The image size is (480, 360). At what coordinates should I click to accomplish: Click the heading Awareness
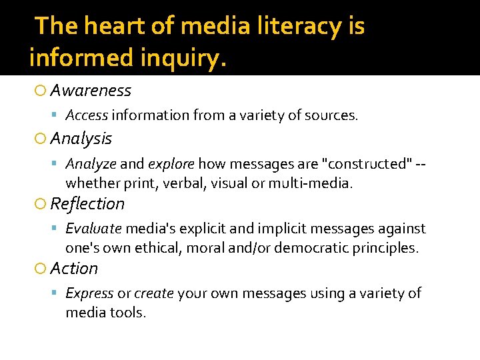coord(91,90)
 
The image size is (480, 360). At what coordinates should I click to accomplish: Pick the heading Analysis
coord(81,139)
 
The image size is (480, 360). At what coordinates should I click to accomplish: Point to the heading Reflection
coord(87,203)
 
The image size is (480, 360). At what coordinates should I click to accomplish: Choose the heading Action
coord(74,268)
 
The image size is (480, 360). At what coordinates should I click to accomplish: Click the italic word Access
coord(87,115)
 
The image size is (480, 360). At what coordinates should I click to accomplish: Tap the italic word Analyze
coord(91,164)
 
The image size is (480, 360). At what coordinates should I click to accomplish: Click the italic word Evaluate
coord(93,229)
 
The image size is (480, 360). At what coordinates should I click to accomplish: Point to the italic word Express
coord(89,293)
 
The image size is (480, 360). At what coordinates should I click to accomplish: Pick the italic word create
coord(154,293)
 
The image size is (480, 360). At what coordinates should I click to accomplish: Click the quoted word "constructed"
coord(358,164)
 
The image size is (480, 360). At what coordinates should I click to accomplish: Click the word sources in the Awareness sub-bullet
coord(332,115)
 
